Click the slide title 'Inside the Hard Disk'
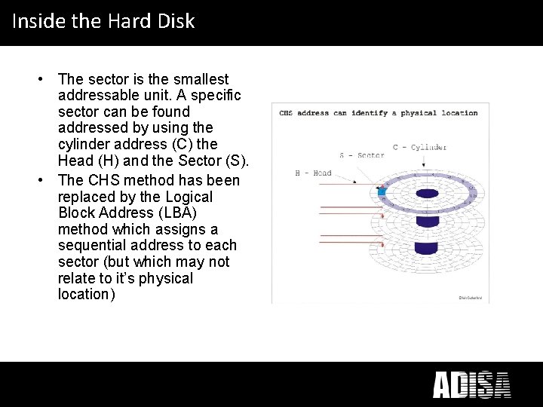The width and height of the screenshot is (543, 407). (103, 21)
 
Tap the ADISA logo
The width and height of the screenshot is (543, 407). (471, 384)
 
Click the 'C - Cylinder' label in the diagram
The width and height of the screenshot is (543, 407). (419, 147)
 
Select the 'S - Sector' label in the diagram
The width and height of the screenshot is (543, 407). (361, 155)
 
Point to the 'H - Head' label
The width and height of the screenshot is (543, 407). (313, 173)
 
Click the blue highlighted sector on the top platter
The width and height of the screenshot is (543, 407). (382, 192)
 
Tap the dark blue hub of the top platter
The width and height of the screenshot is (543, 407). (427, 194)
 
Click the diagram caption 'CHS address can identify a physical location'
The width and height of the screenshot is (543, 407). (378, 113)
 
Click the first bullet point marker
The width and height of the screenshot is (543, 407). (47, 79)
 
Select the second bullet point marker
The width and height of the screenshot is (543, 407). (47, 180)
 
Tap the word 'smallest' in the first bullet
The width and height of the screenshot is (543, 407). (201, 79)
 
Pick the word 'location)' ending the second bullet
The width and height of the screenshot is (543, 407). (87, 295)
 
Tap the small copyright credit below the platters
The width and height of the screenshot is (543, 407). (469, 298)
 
